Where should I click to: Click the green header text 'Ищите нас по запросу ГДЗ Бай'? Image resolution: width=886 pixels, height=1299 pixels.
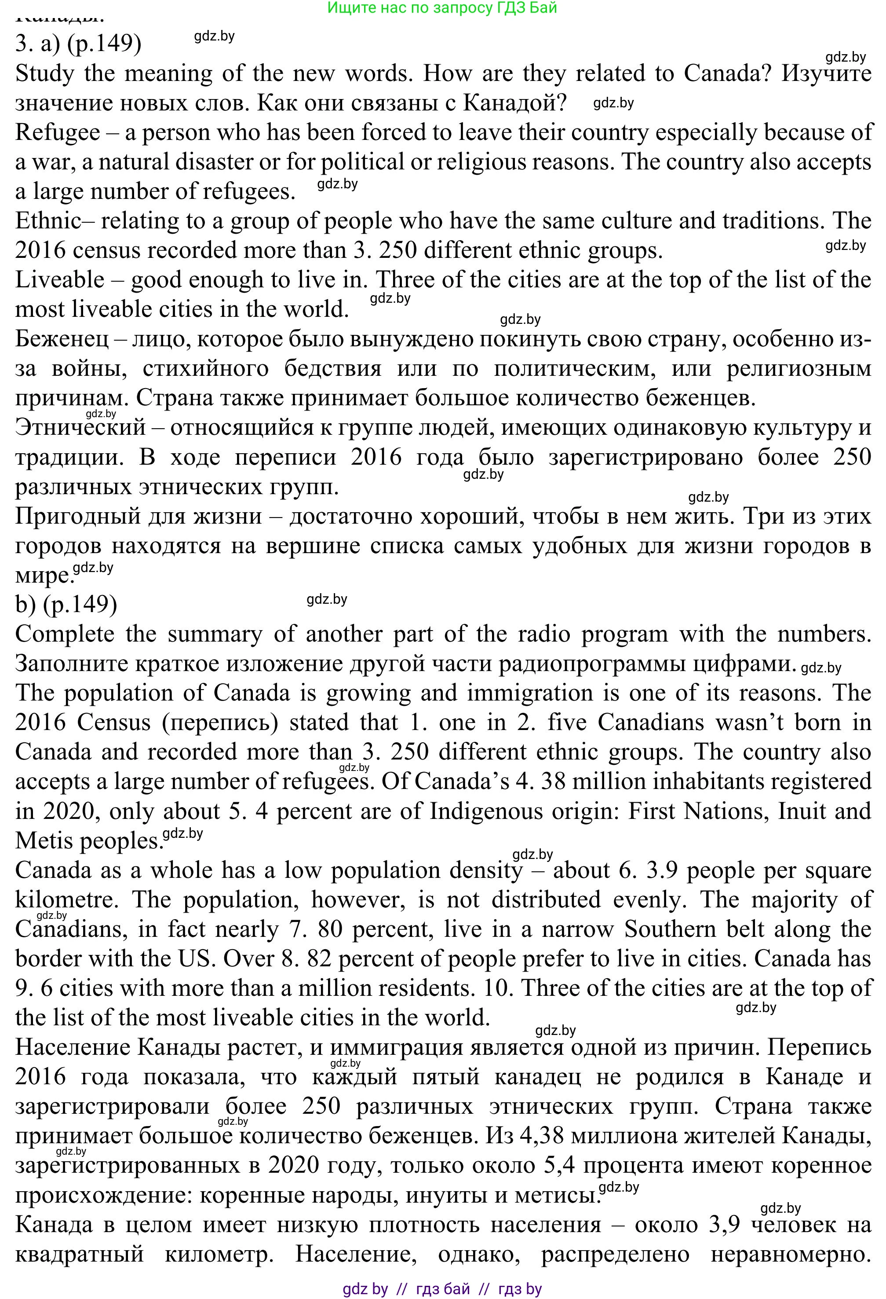coord(442,8)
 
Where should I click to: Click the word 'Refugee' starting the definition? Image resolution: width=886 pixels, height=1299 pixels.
coord(58,133)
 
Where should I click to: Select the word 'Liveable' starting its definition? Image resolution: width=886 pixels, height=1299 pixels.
coord(60,280)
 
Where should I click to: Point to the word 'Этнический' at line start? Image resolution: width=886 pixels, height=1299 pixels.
coord(80,428)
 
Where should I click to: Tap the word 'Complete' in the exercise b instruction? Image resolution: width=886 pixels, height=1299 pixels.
coord(65,634)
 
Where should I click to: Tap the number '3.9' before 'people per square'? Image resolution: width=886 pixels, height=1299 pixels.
coord(663,870)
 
